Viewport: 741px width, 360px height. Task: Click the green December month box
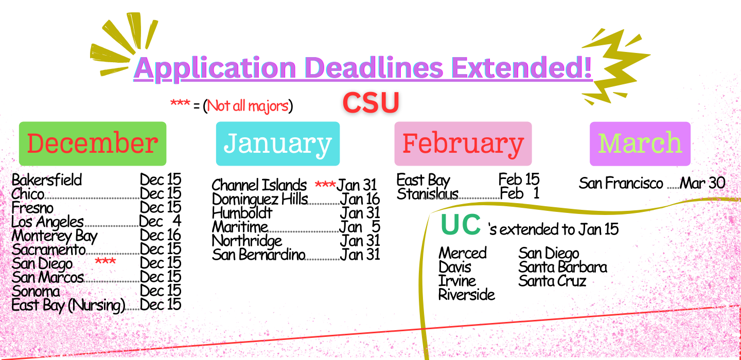point(93,143)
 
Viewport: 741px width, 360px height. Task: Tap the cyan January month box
point(278,143)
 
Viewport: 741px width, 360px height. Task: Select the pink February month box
point(463,143)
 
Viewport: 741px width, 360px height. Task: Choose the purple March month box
point(640,143)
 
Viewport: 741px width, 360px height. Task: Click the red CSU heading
point(371,103)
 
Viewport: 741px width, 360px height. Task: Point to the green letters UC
point(461,224)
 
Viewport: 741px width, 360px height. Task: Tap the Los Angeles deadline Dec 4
point(160,221)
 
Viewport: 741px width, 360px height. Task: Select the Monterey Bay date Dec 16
point(161,235)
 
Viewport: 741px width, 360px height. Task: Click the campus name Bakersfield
point(47,180)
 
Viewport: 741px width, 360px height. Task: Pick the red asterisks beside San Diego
point(105,261)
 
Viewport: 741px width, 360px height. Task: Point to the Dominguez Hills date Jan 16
point(360,199)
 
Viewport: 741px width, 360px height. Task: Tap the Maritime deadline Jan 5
point(360,227)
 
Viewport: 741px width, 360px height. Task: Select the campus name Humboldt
point(242,213)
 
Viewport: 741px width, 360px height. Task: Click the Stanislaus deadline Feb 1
point(519,193)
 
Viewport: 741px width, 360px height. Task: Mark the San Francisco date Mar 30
point(702,183)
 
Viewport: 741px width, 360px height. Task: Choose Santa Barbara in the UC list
point(563,267)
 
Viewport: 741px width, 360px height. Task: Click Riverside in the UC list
point(467,295)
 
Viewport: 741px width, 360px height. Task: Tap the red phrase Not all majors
point(248,106)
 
